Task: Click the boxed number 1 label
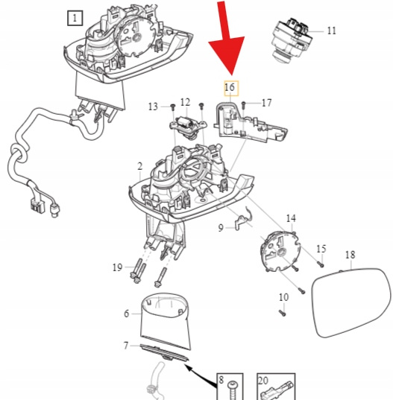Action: pos(75,18)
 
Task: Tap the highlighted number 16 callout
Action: pos(231,88)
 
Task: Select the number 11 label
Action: pos(331,31)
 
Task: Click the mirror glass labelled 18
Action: pos(351,302)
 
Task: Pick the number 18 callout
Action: pos(350,255)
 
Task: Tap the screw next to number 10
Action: pos(282,313)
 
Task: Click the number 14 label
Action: pos(291,219)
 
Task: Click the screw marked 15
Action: pos(320,264)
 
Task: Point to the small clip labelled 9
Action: pos(244,219)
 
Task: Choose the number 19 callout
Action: pos(118,267)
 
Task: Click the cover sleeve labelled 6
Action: pos(166,322)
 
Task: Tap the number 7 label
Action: pos(125,346)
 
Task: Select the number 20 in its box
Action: pos(263,381)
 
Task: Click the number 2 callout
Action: pos(139,167)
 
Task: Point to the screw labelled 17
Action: pos(243,105)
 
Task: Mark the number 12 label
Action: pos(186,102)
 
